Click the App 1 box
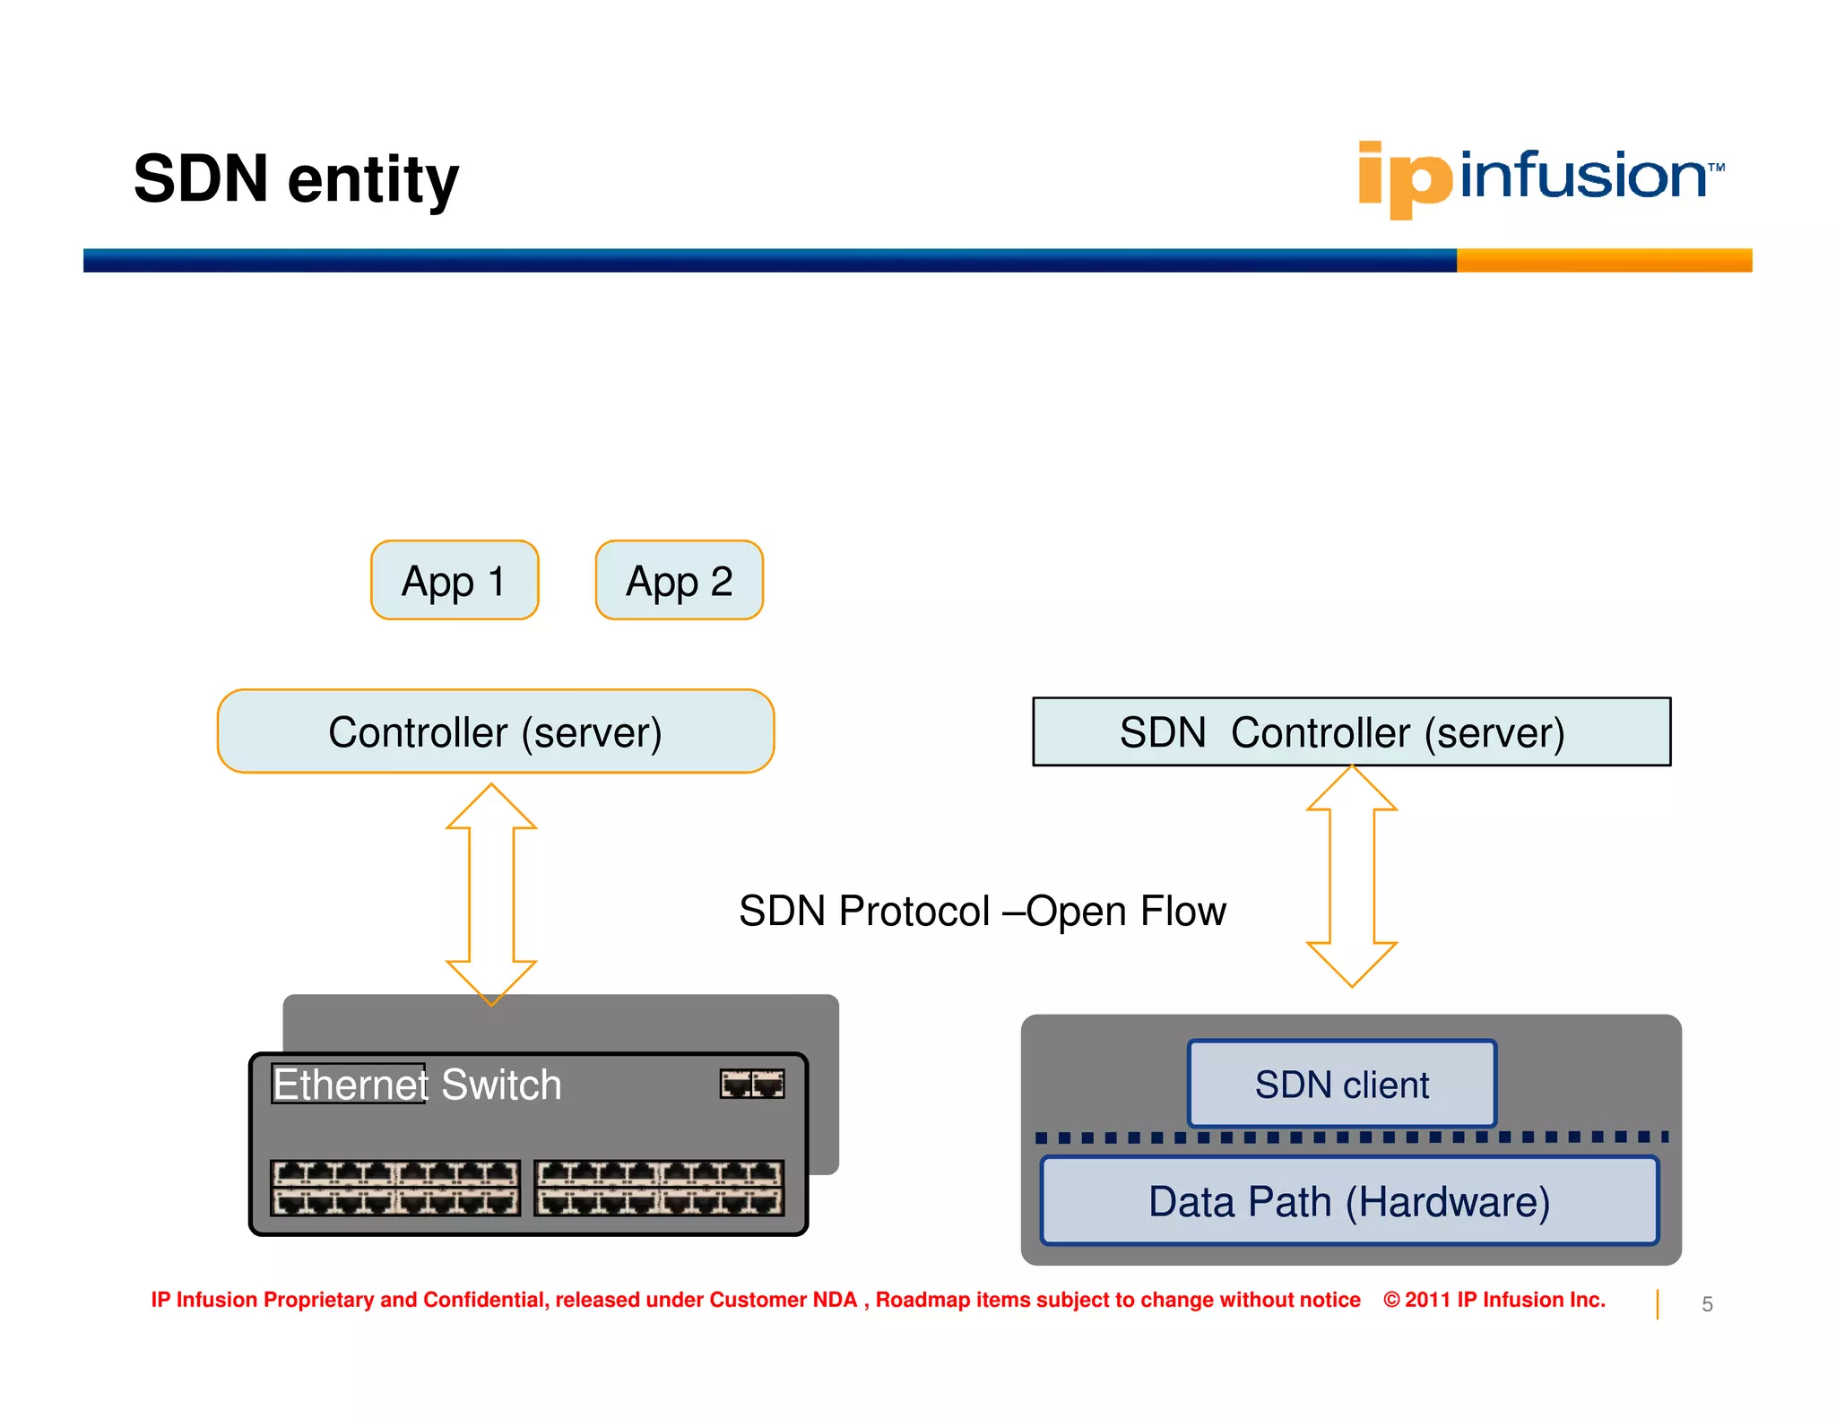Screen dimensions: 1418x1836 tap(455, 581)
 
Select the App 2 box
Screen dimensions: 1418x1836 tap(679, 581)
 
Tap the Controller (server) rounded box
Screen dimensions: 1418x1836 tap(495, 731)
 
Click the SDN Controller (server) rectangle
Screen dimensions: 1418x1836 tap(1351, 731)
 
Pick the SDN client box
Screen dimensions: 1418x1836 tap(1341, 1084)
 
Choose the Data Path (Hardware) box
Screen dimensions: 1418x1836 tap(1349, 1201)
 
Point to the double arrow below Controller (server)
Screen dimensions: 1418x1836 tap(491, 895)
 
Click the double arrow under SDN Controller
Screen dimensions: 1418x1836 tap(1351, 877)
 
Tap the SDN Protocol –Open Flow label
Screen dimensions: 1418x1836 tap(982, 911)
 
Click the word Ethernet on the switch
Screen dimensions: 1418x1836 tap(350, 1085)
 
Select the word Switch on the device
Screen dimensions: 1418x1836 tap(501, 1085)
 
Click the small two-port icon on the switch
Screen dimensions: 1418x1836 tap(752, 1084)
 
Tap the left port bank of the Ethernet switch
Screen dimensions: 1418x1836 tap(395, 1188)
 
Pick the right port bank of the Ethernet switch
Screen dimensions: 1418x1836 tap(659, 1188)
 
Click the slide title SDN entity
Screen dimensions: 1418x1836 tap(296, 178)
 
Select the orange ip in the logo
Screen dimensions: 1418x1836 tap(1404, 179)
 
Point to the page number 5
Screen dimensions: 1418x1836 tap(1707, 1304)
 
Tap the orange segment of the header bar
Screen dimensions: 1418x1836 tap(1603, 260)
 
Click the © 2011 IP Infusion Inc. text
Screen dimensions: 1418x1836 tap(1494, 1300)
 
